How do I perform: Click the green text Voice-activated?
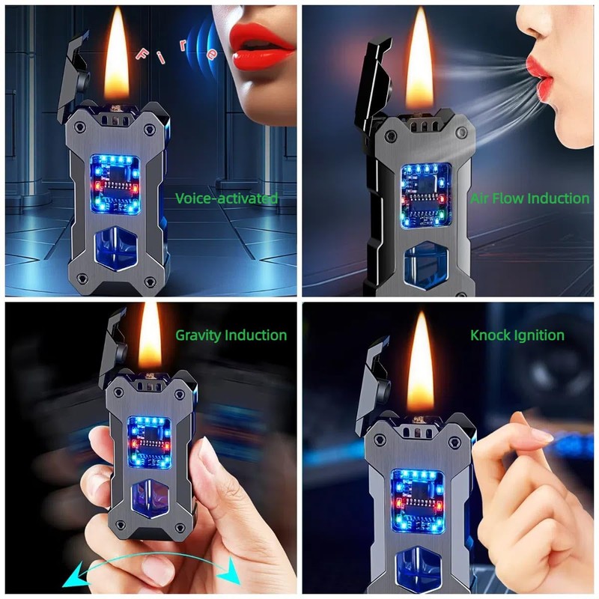coord(226,198)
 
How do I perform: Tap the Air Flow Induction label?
coord(529,198)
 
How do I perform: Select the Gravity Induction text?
coord(231,335)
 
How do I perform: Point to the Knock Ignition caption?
coord(517,335)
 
